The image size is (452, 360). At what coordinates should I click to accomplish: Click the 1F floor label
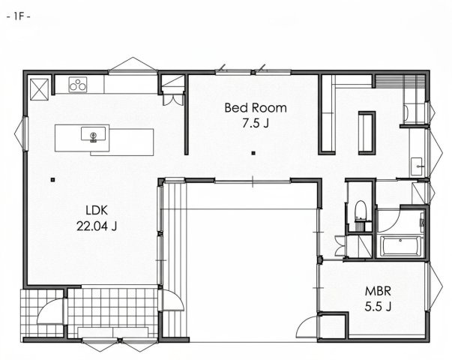point(18,16)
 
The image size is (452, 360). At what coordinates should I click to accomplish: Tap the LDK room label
point(97,210)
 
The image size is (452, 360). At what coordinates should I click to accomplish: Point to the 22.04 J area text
point(97,226)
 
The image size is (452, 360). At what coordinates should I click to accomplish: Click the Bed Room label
point(256,108)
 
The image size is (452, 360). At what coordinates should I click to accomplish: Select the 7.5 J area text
point(256,123)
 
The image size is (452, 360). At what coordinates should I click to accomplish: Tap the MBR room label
point(378,291)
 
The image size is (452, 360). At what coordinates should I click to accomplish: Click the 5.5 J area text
point(378,307)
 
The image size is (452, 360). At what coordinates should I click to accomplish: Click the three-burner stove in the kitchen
point(78,85)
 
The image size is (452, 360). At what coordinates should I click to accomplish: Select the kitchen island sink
point(93,134)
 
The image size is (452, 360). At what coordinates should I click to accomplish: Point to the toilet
point(360,211)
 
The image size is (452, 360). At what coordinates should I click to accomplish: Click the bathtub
point(400,246)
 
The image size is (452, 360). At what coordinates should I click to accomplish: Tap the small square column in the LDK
point(52,180)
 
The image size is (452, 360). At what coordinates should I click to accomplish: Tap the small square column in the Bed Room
point(253,153)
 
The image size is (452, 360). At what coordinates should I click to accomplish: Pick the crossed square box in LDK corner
point(39,89)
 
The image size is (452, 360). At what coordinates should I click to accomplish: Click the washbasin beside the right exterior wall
point(416,166)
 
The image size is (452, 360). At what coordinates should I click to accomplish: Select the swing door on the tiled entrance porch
point(50,311)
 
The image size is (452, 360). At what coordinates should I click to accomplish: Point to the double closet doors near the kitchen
point(173,100)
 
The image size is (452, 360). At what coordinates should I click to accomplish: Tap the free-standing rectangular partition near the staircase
point(367,133)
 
